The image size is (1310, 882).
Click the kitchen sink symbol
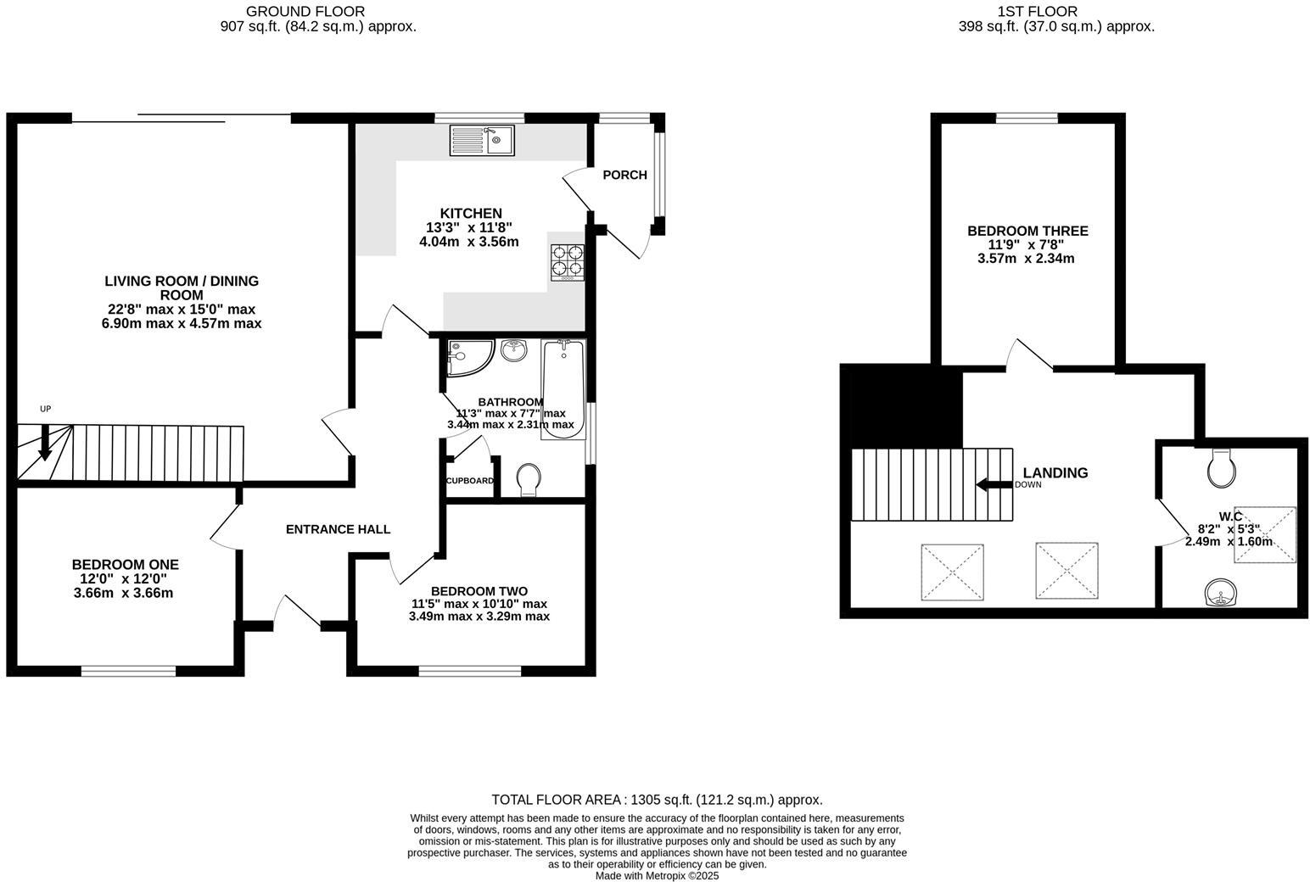(482, 140)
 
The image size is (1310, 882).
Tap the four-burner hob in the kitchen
(568, 262)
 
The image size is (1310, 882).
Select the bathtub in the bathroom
(563, 389)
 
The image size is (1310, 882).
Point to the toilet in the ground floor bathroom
(528, 480)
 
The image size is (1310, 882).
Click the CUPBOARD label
(469, 481)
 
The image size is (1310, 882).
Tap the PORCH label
(624, 175)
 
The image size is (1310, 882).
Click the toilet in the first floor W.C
(1221, 467)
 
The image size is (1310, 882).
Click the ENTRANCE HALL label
(338, 529)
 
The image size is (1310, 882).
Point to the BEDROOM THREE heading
(1027, 231)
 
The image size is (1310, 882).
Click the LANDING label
(1055, 473)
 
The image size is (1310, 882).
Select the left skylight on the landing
(952, 572)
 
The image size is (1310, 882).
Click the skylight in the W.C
(1264, 534)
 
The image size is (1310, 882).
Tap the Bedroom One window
(128, 672)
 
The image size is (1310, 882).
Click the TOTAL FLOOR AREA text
(657, 800)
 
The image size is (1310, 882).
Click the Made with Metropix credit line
(657, 876)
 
